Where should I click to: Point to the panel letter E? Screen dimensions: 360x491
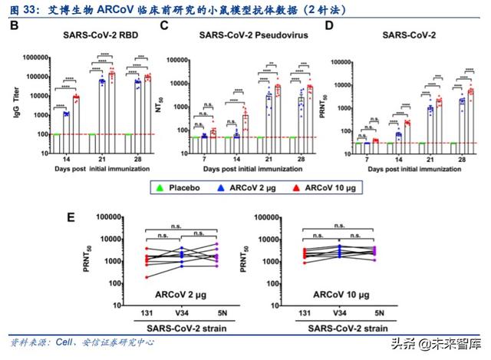(71, 218)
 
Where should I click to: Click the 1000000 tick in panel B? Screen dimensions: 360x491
(36, 56)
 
